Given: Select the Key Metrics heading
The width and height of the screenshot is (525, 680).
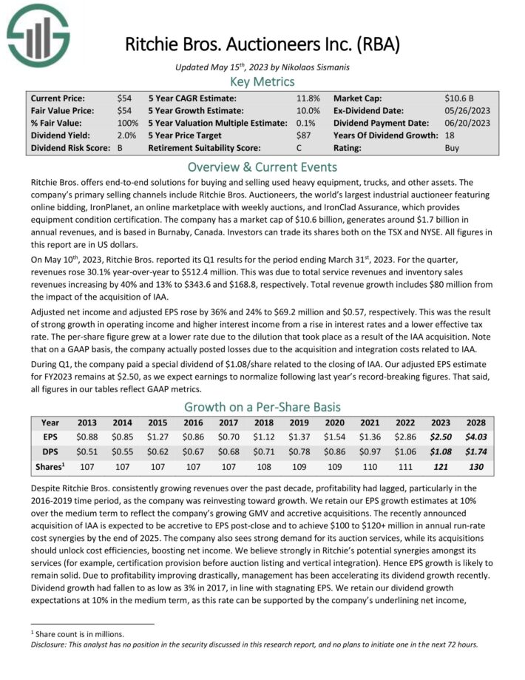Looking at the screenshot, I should (262, 81).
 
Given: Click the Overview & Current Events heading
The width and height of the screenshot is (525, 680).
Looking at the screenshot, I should (262, 166).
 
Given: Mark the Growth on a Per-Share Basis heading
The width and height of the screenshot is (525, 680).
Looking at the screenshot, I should (262, 406).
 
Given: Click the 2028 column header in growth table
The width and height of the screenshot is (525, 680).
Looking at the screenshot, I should (476, 423).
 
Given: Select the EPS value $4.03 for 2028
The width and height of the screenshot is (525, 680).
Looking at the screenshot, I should (476, 437).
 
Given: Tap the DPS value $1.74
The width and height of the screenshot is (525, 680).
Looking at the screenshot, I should (476, 451).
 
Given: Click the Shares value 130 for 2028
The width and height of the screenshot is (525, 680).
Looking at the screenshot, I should (476, 466).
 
